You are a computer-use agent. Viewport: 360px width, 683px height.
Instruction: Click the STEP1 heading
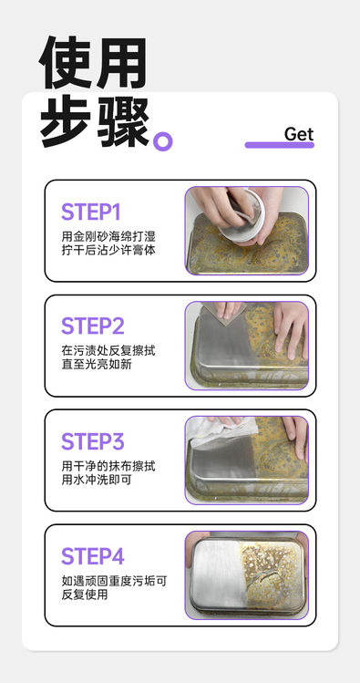point(90,212)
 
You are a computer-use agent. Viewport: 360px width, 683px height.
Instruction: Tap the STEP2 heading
point(93,326)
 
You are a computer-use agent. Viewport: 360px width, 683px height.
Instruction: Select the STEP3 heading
point(93,441)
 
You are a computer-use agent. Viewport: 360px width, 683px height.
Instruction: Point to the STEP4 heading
point(93,556)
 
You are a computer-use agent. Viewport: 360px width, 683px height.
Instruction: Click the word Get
point(299,134)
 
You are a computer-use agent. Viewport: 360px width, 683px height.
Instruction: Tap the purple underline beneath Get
point(280,145)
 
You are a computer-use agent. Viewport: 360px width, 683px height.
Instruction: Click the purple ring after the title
point(163,141)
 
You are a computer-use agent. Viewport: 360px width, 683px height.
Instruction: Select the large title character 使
point(67,63)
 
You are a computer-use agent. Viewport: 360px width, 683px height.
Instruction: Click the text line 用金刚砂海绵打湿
point(108,237)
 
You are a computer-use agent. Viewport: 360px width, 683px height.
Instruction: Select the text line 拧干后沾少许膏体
point(108,251)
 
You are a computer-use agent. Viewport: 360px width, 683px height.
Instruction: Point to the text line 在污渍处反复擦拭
point(108,351)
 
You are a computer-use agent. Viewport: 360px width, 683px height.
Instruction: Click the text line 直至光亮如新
point(97,365)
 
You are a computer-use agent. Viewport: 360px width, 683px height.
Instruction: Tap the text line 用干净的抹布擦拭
point(108,466)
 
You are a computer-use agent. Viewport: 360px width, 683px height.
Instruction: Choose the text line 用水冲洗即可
point(97,480)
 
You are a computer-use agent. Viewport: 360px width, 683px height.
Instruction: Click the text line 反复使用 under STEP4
point(85,595)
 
